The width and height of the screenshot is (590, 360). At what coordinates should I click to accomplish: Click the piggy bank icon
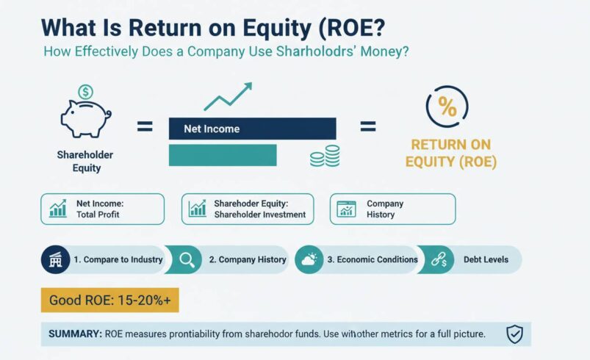(84, 118)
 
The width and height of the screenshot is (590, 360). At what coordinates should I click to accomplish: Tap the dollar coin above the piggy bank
(85, 93)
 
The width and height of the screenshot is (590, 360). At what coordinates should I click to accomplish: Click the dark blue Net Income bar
(251, 129)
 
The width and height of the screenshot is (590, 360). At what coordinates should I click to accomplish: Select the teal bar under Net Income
(222, 154)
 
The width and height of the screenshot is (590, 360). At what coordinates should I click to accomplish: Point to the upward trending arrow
(228, 96)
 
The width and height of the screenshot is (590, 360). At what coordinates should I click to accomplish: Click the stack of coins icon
(325, 156)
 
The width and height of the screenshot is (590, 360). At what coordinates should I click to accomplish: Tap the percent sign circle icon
(447, 107)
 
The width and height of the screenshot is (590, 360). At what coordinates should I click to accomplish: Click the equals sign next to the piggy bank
(145, 127)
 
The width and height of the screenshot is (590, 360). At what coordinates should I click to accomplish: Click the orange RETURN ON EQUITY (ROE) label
(450, 153)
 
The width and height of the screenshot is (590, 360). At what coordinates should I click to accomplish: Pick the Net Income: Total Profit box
(103, 209)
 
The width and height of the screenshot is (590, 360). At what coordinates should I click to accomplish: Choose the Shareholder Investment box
(247, 209)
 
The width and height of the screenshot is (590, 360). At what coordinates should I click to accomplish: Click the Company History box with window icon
(392, 209)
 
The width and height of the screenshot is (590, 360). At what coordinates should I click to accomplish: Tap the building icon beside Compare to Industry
(54, 259)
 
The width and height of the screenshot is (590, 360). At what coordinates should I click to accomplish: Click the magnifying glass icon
(187, 259)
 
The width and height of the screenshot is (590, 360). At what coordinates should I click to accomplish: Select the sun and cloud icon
(309, 259)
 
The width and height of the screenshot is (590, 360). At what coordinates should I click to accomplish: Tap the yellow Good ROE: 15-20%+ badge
(109, 300)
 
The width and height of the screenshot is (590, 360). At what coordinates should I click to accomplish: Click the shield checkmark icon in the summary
(514, 334)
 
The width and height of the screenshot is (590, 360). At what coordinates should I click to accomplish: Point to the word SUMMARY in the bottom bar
(74, 334)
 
